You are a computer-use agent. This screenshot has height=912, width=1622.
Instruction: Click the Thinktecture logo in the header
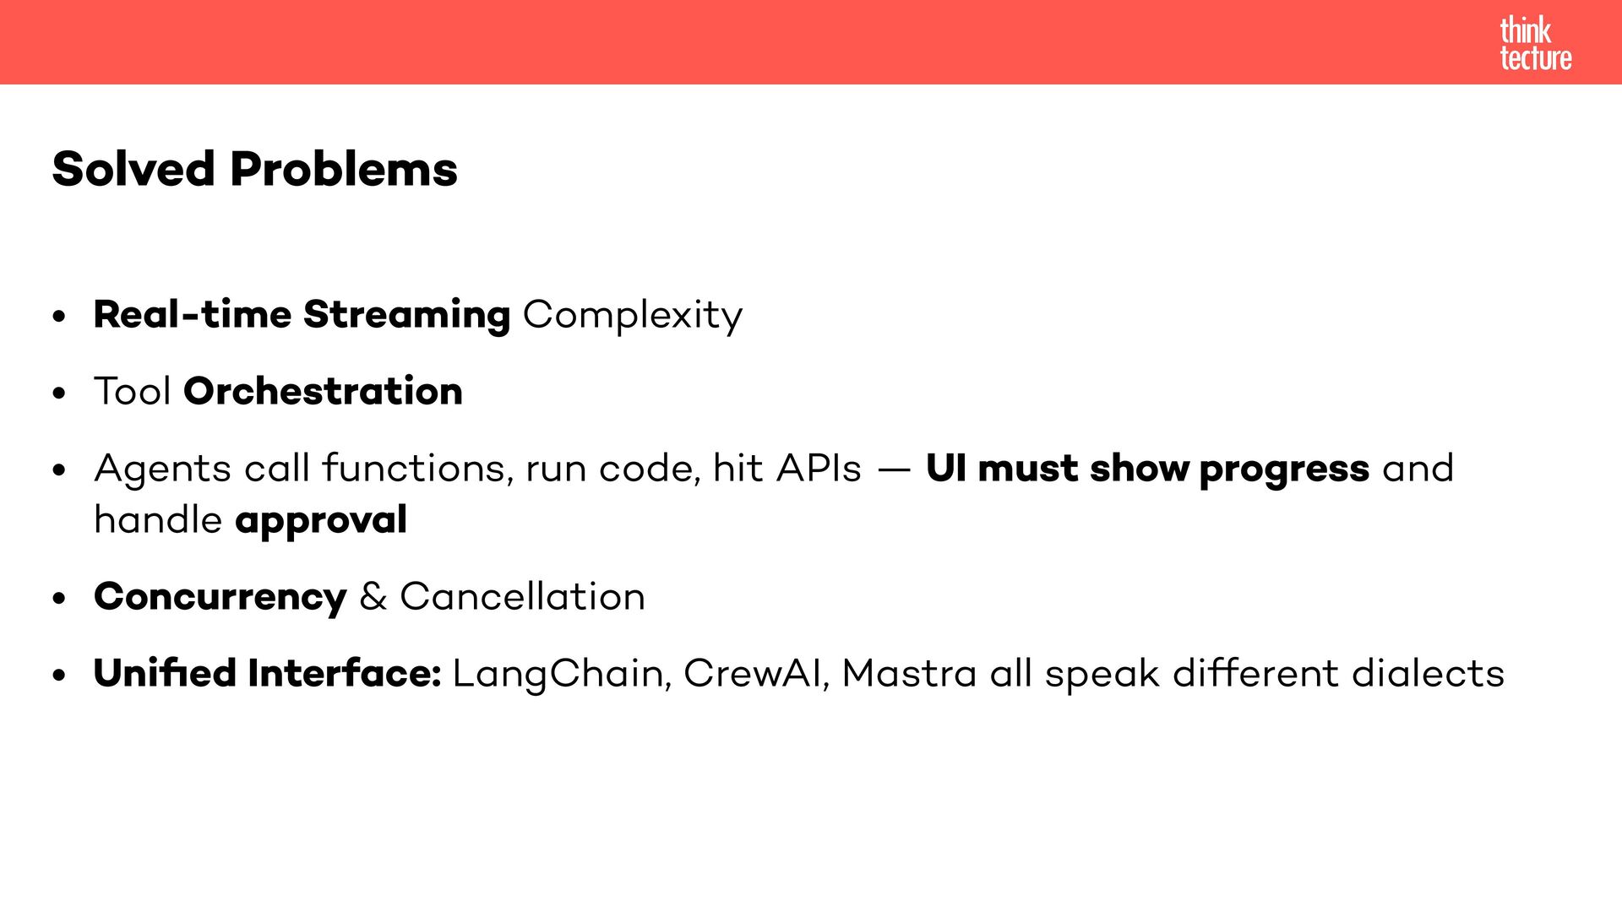click(1535, 44)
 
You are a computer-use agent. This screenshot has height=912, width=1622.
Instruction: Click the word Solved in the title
click(133, 169)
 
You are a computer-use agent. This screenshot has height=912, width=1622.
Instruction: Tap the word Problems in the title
click(343, 169)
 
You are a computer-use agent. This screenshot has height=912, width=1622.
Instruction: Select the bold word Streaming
click(406, 315)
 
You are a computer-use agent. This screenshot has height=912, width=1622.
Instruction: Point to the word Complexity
click(633, 315)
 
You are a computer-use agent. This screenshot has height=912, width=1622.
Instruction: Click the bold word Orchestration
click(323, 392)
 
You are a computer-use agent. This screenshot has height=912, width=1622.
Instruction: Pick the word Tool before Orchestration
click(133, 392)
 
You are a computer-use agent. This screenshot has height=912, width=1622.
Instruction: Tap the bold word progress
click(1284, 470)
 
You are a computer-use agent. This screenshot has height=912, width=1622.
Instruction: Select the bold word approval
click(321, 521)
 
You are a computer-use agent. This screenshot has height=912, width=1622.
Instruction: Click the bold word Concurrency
click(220, 597)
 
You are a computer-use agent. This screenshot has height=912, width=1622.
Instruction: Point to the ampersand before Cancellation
click(373, 597)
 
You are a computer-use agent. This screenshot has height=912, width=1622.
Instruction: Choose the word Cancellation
click(522, 597)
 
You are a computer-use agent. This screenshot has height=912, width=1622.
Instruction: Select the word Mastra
click(909, 674)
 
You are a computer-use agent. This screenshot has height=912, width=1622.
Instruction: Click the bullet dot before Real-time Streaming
click(58, 318)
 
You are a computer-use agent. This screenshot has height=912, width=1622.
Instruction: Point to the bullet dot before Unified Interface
click(58, 676)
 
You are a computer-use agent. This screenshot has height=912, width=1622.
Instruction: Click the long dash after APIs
click(894, 470)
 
